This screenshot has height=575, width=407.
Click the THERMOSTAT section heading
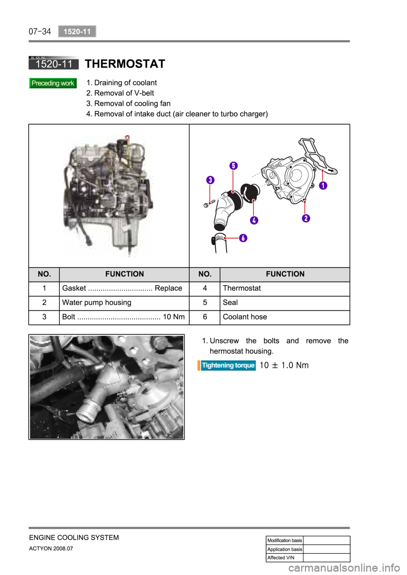(125, 64)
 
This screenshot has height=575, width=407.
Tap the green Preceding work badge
(53, 83)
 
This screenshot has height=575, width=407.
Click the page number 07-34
(40, 31)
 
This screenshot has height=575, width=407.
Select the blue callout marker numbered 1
(323, 185)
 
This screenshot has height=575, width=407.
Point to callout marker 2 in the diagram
(306, 218)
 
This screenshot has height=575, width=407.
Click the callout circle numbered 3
(210, 180)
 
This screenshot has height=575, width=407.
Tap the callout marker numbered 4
(254, 220)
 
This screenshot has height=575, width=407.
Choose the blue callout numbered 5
(234, 166)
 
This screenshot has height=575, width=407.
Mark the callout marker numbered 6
(243, 238)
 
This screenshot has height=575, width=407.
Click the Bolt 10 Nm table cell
(123, 317)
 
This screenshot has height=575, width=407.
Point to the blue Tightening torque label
(228, 365)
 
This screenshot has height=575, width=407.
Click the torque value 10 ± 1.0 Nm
(284, 365)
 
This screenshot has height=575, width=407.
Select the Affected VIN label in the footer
(281, 558)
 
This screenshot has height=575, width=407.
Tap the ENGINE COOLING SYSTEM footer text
(74, 538)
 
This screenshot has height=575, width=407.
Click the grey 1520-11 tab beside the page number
(77, 31)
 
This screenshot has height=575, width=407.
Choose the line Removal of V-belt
(124, 93)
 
